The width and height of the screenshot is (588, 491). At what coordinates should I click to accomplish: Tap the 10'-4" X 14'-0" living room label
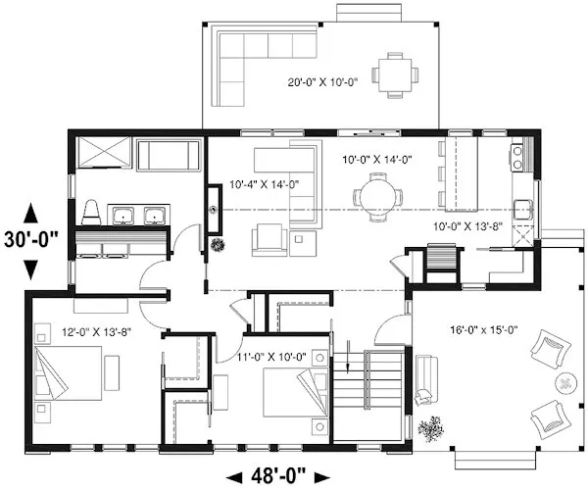click(264, 182)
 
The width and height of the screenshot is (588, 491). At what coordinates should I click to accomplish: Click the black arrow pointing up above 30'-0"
click(30, 212)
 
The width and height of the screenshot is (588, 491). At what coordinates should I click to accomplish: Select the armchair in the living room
click(269, 239)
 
